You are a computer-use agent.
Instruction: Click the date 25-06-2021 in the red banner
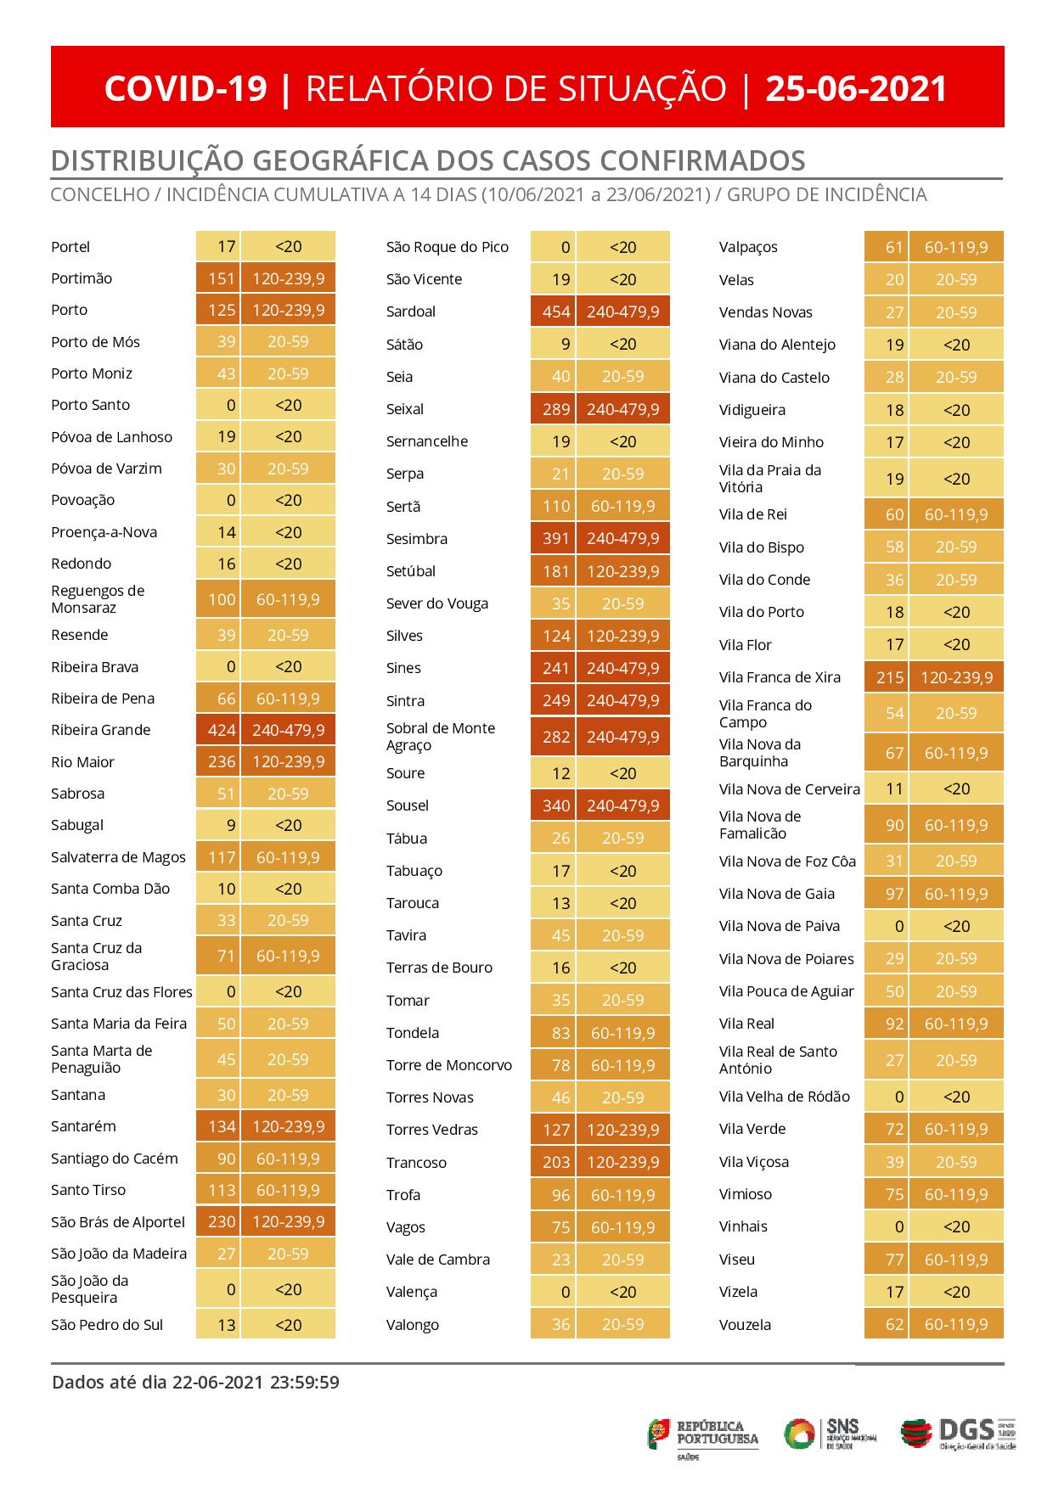click(856, 88)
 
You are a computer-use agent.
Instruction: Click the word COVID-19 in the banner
click(186, 88)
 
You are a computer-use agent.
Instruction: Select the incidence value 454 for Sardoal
click(556, 311)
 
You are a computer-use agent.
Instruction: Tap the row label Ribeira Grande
click(100, 730)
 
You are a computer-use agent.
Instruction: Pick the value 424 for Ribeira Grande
click(222, 730)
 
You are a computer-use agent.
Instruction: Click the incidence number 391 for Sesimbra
click(556, 539)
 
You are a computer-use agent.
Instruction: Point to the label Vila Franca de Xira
click(780, 677)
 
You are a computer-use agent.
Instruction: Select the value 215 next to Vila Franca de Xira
click(890, 677)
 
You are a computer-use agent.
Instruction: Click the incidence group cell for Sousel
click(622, 805)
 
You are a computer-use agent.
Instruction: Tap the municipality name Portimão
click(82, 278)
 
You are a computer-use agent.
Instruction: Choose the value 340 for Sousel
click(556, 805)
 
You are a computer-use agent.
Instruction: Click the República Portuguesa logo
click(704, 1434)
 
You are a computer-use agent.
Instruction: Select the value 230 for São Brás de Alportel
click(222, 1222)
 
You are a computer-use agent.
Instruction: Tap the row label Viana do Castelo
click(774, 378)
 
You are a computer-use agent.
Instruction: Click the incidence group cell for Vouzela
click(956, 1324)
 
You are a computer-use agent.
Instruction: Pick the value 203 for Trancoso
click(556, 1163)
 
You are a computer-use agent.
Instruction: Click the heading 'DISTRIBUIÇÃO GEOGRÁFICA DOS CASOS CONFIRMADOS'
click(428, 160)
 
